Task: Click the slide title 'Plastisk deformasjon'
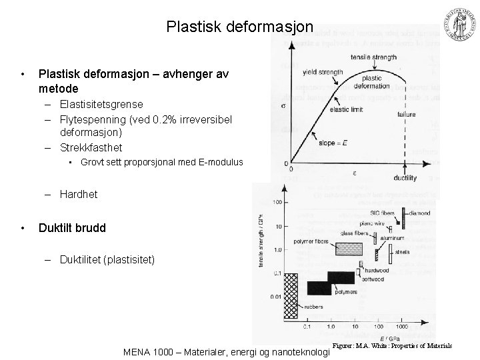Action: [239, 27]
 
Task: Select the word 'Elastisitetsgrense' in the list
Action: [101, 104]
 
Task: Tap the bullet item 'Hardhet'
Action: [78, 194]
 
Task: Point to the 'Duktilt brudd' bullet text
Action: [72, 227]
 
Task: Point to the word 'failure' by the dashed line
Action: [407, 115]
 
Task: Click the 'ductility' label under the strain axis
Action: [405, 178]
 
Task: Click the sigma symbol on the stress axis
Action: [284, 105]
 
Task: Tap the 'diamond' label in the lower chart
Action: [419, 213]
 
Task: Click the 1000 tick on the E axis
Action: [403, 328]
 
